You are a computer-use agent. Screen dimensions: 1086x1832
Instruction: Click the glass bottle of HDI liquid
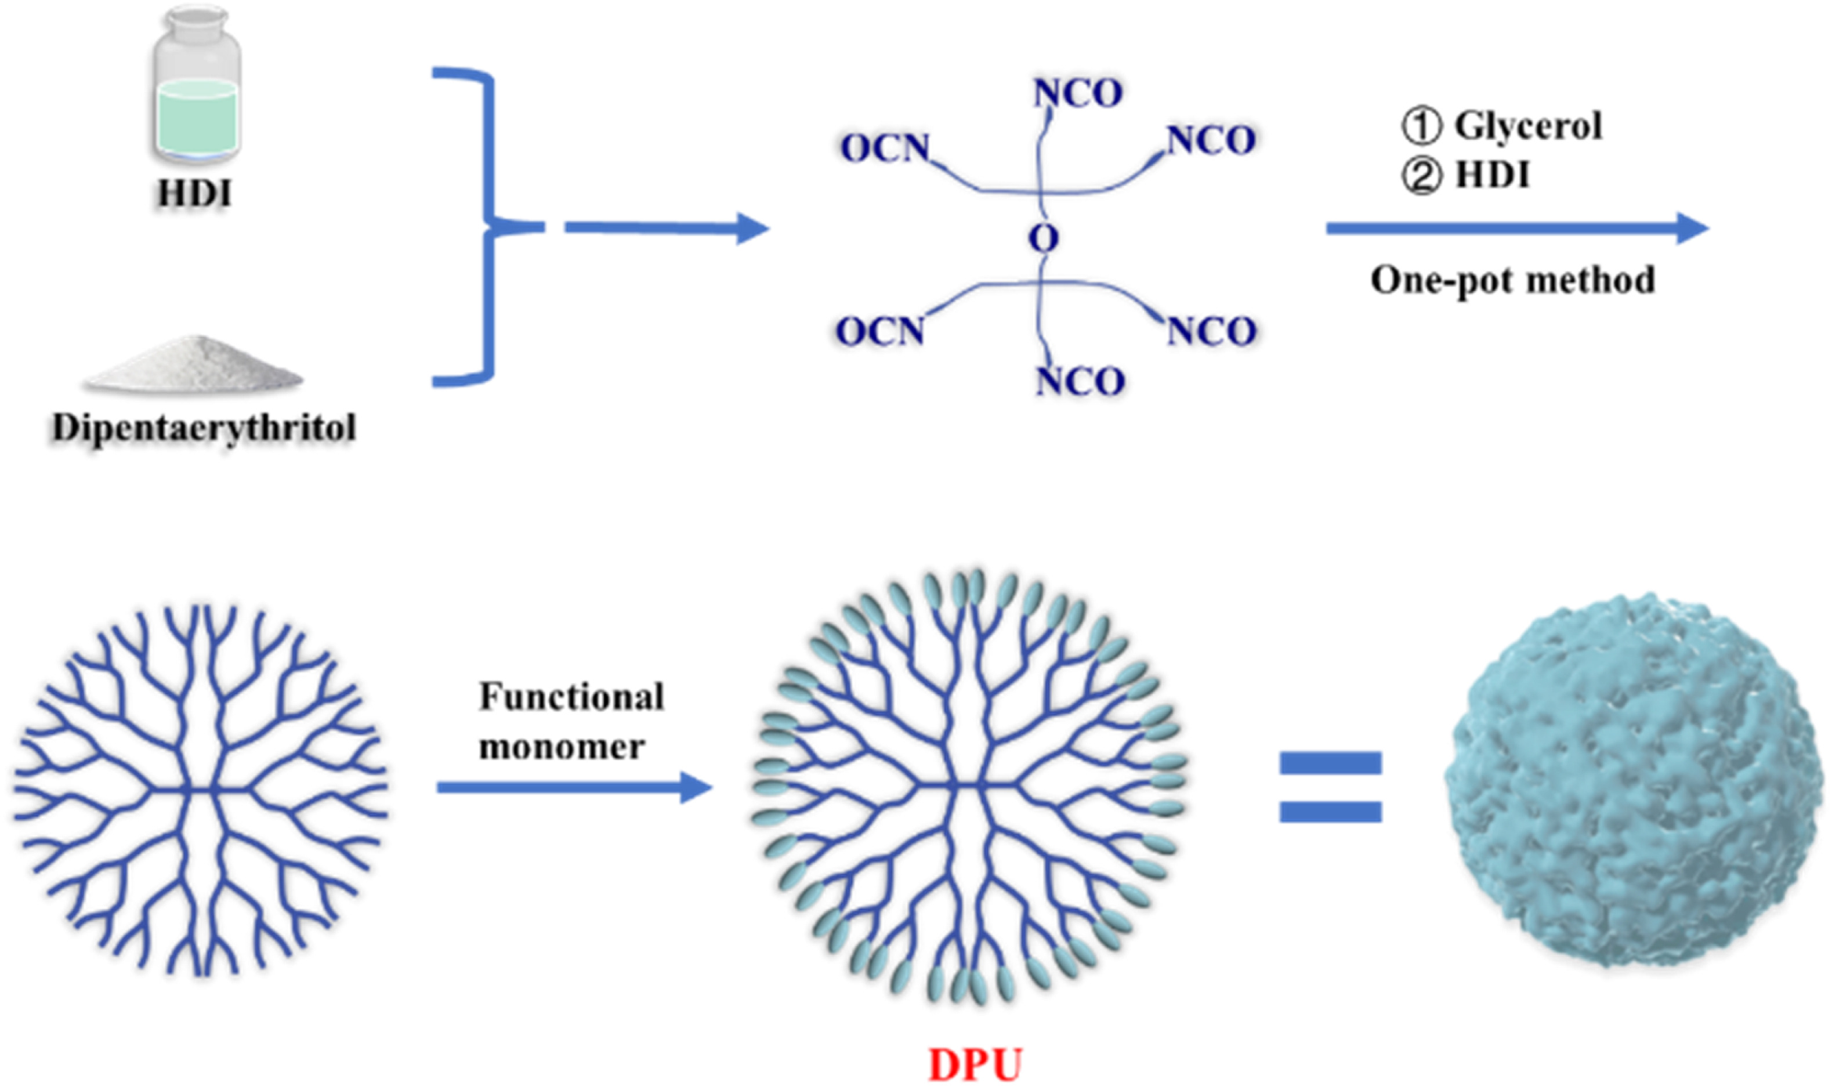click(x=196, y=88)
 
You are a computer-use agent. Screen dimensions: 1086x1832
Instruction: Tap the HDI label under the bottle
click(x=194, y=194)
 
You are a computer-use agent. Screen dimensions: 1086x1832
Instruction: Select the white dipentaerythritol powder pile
click(x=193, y=365)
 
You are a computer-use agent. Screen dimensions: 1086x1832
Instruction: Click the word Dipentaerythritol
click(x=204, y=428)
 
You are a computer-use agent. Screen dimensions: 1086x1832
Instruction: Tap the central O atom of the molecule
click(x=1043, y=238)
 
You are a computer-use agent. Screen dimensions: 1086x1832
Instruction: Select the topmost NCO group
click(x=1078, y=93)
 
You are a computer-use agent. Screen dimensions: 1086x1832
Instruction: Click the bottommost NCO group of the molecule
click(x=1080, y=381)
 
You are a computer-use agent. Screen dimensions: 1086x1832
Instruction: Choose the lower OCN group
click(x=880, y=331)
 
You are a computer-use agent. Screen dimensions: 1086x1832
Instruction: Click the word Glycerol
click(x=1527, y=126)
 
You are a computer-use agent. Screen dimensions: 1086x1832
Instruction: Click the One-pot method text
click(x=1512, y=280)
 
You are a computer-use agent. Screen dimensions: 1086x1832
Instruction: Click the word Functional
click(x=571, y=697)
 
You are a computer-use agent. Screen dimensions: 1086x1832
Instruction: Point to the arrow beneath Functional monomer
click(x=574, y=787)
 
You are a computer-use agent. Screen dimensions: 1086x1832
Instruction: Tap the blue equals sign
click(x=1330, y=787)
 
